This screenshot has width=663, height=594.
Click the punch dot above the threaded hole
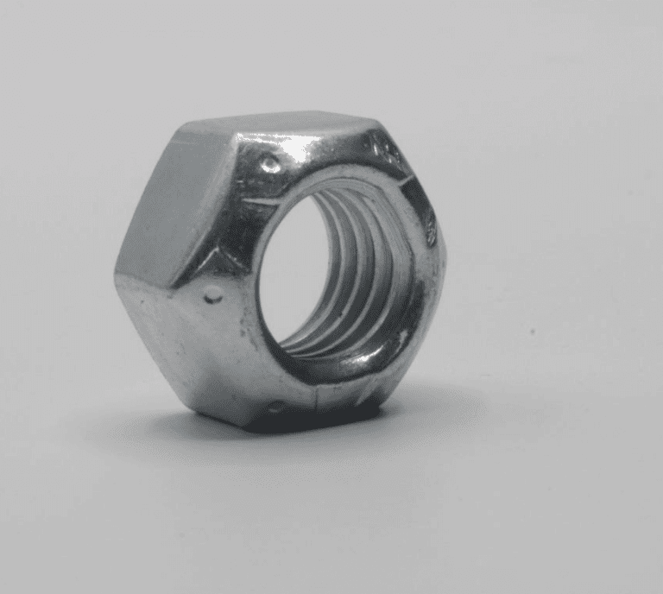[270, 164]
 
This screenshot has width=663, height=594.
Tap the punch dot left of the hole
[211, 297]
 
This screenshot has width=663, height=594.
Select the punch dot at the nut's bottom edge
[275, 406]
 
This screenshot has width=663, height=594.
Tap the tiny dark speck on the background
[533, 331]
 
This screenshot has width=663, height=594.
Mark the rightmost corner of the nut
[444, 259]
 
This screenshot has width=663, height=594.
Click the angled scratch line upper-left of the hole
[259, 200]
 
